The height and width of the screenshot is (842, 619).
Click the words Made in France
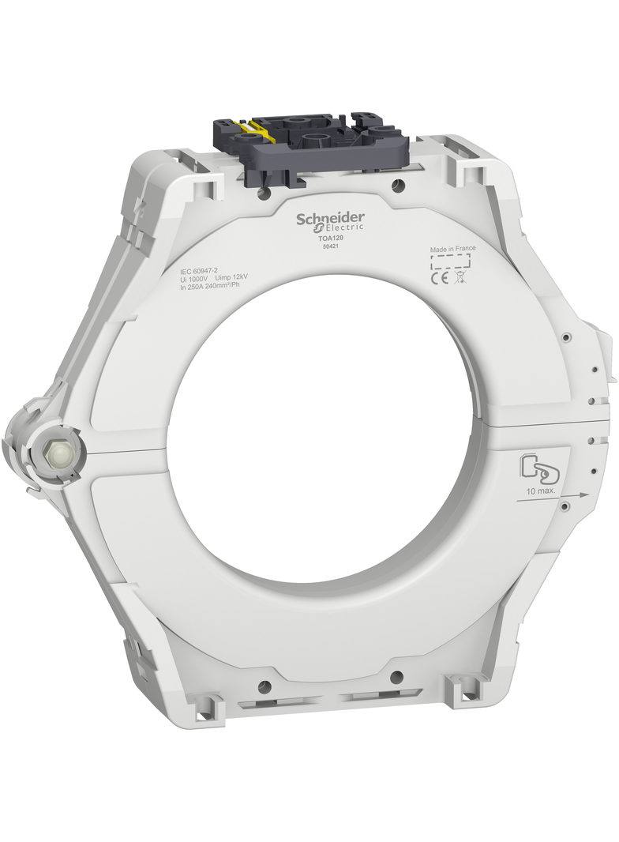(452, 248)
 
